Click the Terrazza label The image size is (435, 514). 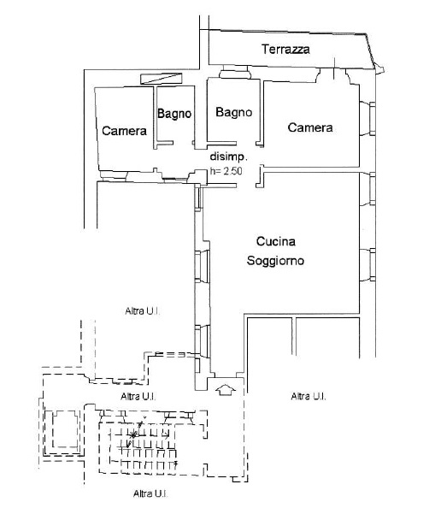click(x=285, y=49)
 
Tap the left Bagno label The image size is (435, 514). click(x=174, y=114)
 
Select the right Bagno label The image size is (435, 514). click(x=234, y=112)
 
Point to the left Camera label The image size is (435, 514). click(x=124, y=131)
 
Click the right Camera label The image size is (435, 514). click(x=310, y=127)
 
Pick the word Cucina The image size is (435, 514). click(x=276, y=241)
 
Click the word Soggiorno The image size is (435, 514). click(x=275, y=261)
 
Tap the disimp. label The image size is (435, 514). click(x=229, y=157)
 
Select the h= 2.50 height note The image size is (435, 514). click(x=226, y=171)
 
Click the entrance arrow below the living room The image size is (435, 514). click(x=226, y=390)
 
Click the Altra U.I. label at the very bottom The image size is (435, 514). click(x=151, y=493)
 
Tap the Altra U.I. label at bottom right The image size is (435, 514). click(x=309, y=396)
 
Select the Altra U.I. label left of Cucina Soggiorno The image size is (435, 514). click(x=143, y=310)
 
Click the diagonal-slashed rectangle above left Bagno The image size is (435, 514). click(x=162, y=79)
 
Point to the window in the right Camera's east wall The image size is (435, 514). click(x=371, y=118)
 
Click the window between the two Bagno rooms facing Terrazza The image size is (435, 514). click(x=234, y=72)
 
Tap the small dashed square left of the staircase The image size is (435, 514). click(x=66, y=429)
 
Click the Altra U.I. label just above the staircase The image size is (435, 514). click(x=138, y=396)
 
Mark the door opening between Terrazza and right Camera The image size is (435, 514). click(x=333, y=76)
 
